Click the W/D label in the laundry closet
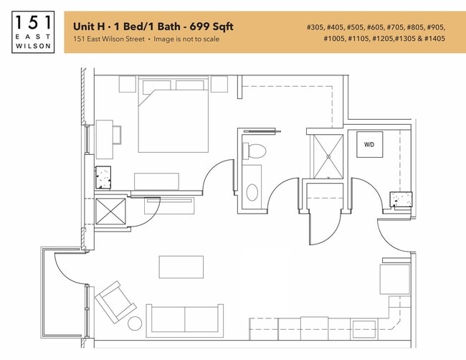point(369,145)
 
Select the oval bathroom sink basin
point(252,191)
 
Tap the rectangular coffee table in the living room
point(181,267)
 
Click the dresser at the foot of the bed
point(156,181)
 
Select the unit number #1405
point(433,39)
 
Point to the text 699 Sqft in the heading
point(209,27)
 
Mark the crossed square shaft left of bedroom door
point(110,213)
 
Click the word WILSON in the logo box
point(33,47)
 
